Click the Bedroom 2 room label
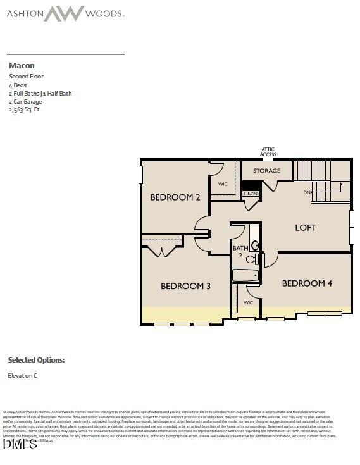(175, 197)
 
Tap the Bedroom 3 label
(185, 287)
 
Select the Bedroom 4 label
(307, 283)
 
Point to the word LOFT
(306, 228)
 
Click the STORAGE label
(266, 171)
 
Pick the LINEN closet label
(251, 194)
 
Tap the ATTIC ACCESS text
(268, 152)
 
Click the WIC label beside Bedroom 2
(223, 184)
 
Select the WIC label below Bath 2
(248, 303)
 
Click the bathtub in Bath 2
(246, 275)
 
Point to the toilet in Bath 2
(251, 259)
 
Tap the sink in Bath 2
(254, 245)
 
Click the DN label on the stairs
(307, 192)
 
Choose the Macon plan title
(22, 66)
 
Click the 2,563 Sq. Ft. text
(26, 109)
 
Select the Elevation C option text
(22, 376)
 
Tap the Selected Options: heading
(36, 360)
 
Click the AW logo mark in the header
(63, 13)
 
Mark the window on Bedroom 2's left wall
(141, 175)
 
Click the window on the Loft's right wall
(352, 227)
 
